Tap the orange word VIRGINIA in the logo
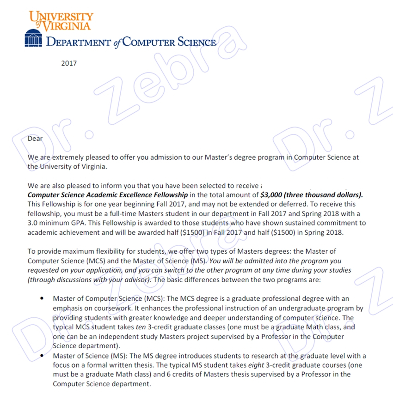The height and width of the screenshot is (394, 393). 68,26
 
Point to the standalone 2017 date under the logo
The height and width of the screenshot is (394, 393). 69,63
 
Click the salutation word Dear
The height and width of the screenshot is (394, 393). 35,138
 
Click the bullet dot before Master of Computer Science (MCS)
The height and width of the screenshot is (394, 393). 42,299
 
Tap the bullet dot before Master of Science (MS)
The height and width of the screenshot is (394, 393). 42,356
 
